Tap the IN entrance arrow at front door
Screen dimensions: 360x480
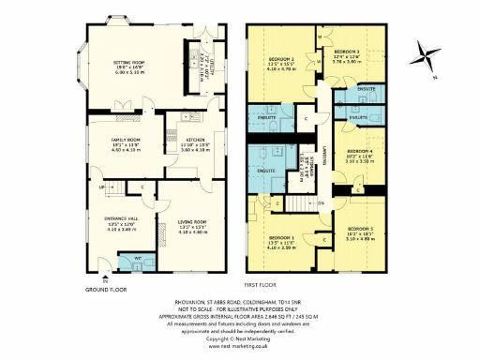(106, 277)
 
